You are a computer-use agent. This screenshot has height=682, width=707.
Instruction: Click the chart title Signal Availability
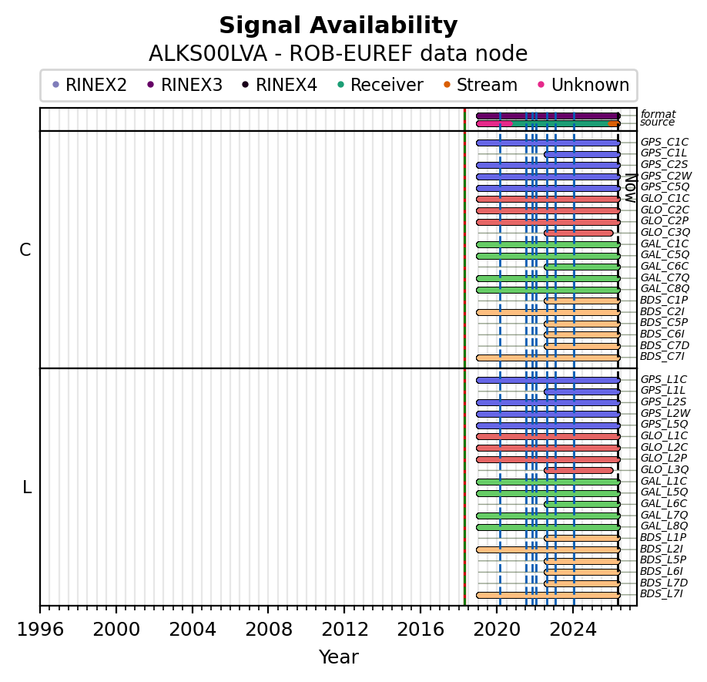(x=338, y=26)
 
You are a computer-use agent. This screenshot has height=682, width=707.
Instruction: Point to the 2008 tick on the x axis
(x=268, y=606)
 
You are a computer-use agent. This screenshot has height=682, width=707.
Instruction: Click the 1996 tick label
(x=40, y=630)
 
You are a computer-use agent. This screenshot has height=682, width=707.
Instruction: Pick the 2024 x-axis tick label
(x=573, y=630)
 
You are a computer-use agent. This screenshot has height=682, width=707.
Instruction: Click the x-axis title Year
(x=338, y=657)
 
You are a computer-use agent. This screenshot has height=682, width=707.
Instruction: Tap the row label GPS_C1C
(x=664, y=143)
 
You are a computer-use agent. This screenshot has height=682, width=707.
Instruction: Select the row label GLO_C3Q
(x=664, y=233)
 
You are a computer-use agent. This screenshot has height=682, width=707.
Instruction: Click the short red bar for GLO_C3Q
(x=578, y=233)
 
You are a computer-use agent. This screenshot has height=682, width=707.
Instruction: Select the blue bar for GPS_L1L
(x=581, y=391)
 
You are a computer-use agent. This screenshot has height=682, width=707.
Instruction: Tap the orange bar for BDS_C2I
(x=548, y=312)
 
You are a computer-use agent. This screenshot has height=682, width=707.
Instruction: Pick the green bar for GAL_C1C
(x=548, y=244)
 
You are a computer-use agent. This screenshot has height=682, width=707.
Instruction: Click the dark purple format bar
(x=548, y=116)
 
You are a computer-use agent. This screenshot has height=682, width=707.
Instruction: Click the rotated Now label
(x=629, y=186)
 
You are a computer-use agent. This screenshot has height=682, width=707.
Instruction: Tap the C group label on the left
(x=25, y=250)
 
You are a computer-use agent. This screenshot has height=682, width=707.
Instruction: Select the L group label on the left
(x=27, y=488)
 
